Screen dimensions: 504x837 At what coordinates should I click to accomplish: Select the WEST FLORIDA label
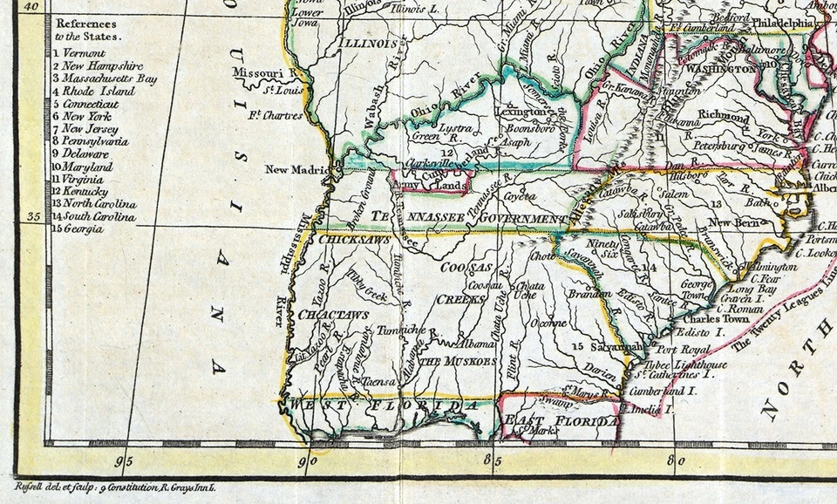(x=384, y=406)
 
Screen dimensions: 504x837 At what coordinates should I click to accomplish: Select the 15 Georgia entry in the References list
(x=78, y=228)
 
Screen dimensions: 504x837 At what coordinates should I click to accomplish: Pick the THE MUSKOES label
(x=458, y=360)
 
